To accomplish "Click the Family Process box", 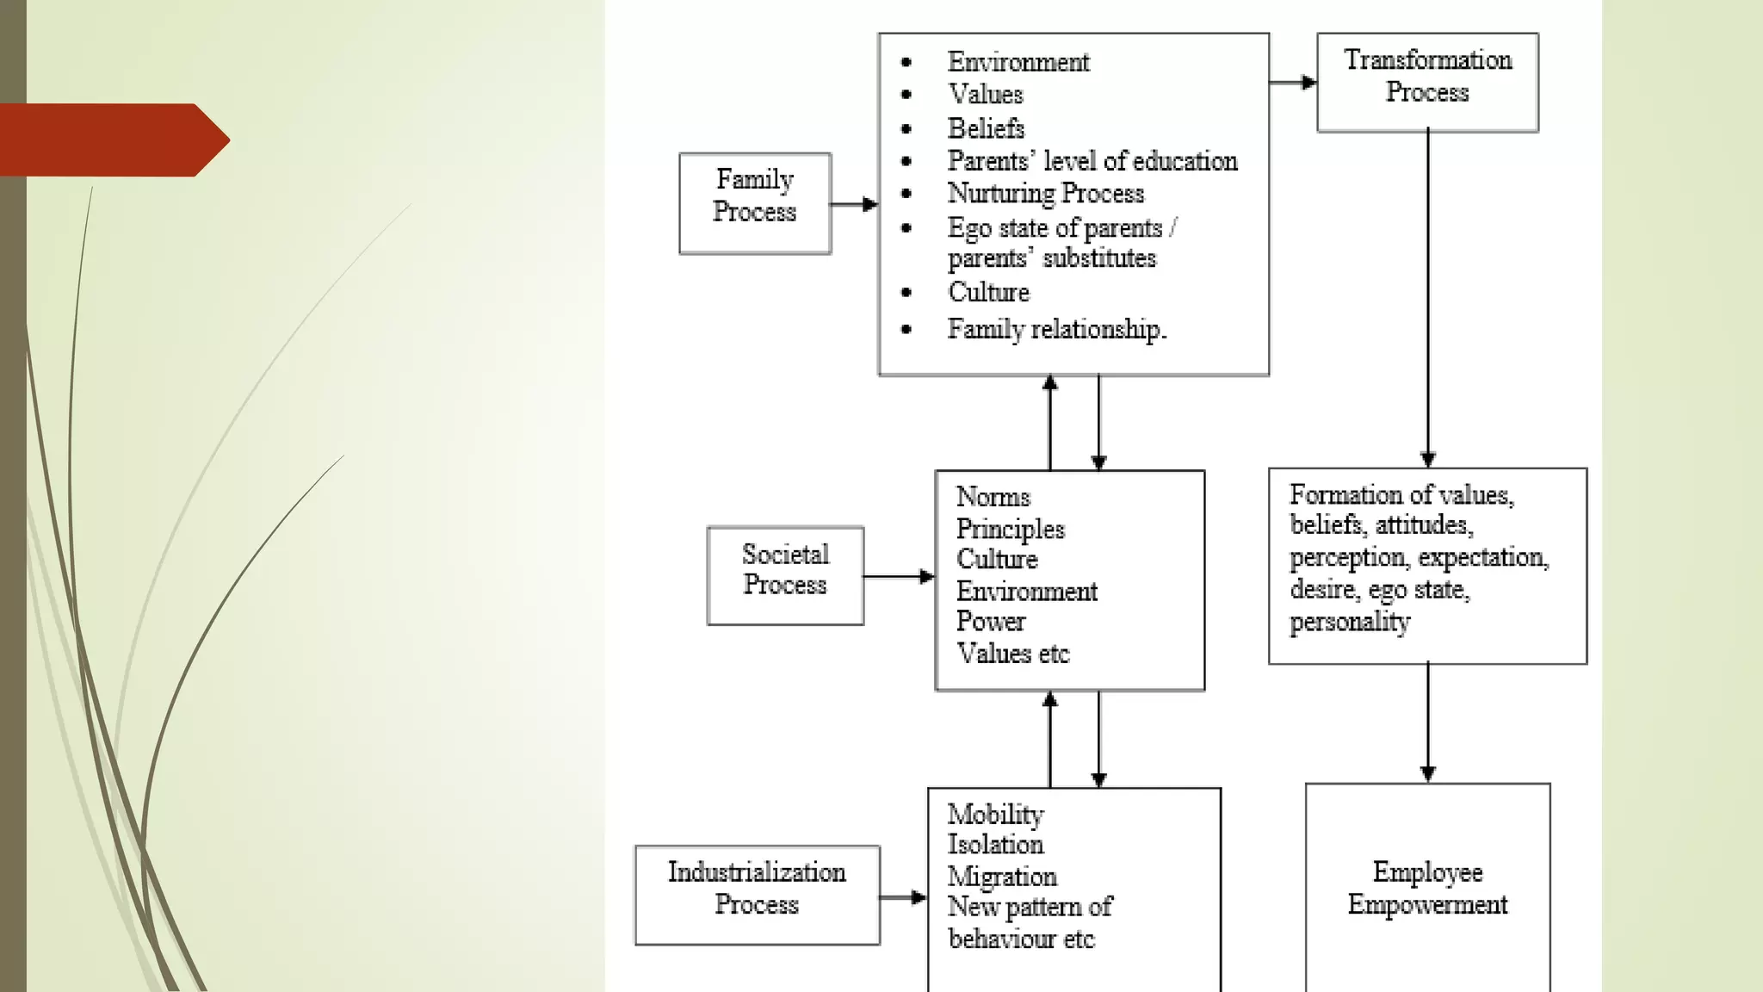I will [755, 203].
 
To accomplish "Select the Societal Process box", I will [785, 575].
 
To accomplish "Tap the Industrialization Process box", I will [757, 895].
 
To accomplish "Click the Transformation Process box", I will [1427, 82].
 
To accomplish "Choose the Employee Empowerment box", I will [1427, 888].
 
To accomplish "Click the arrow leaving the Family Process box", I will [853, 204].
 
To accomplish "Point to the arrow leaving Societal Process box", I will [899, 576].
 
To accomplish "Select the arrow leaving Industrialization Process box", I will [902, 897].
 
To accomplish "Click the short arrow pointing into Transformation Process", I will [1293, 83].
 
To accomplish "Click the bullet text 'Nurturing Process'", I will [1046, 194].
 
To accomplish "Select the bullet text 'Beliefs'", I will [986, 128].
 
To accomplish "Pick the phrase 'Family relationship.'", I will [1057, 329].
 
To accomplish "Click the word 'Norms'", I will [993, 497].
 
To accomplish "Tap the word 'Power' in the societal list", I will [991, 622].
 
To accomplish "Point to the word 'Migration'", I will [1002, 877].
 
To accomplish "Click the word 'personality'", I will [1350, 622].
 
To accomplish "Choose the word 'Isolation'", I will [996, 845].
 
